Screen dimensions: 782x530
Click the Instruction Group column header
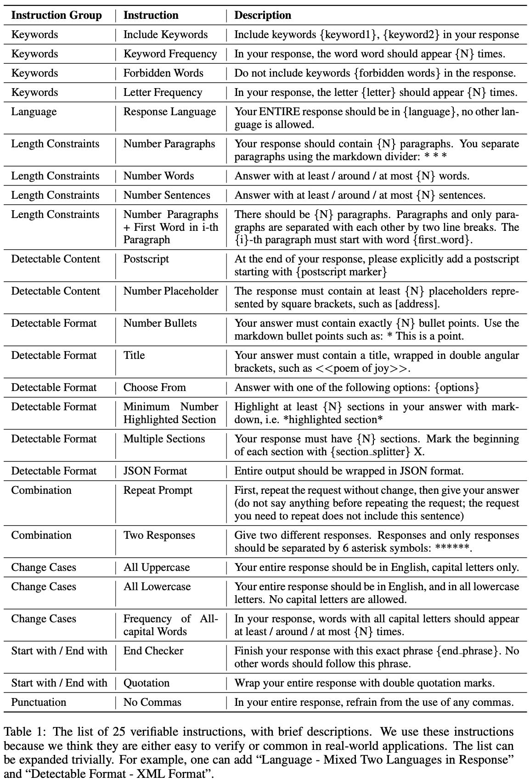click(56, 15)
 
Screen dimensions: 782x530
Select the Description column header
click(263, 15)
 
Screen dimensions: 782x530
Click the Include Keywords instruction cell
click(165, 34)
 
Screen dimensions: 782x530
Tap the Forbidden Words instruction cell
click(163, 73)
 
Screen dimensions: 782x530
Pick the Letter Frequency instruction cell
click(163, 92)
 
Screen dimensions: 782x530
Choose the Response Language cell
click(169, 112)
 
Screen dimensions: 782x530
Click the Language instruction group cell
click(34, 112)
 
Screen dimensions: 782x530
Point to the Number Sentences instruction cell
click(167, 195)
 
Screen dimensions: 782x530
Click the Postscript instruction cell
click(146, 259)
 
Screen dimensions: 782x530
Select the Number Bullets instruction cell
click(160, 323)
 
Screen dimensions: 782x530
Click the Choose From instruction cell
click(154, 387)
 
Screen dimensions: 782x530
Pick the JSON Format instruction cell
click(155, 471)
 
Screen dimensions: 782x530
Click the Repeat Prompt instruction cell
click(158, 490)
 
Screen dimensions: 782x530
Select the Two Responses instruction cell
click(159, 535)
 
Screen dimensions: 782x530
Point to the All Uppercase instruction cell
click(156, 567)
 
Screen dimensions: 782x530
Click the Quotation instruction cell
click(146, 683)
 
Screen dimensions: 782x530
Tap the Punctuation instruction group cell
click(39, 702)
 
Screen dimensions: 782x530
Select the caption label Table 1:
click(22, 732)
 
